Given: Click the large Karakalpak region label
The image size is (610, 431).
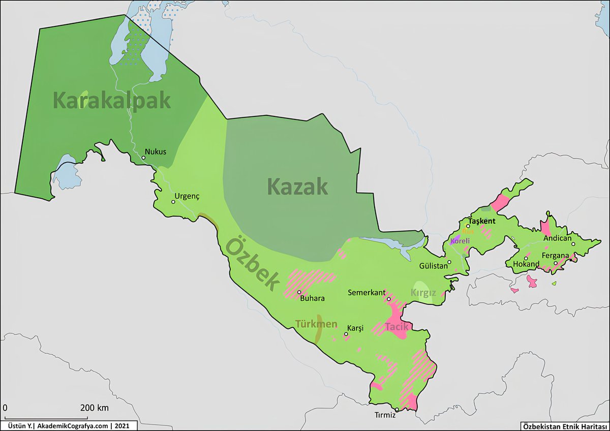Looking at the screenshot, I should click(112, 101).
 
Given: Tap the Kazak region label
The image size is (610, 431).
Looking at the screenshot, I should click(297, 187).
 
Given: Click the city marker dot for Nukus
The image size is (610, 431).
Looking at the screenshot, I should click(144, 158).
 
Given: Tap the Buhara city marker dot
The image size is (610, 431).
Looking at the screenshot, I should click(299, 292).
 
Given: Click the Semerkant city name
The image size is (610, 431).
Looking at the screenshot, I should click(366, 293).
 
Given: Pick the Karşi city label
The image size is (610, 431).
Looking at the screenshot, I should click(355, 328).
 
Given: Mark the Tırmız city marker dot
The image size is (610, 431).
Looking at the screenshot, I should click(396, 410).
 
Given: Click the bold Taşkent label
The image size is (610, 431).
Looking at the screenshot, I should click(481, 222).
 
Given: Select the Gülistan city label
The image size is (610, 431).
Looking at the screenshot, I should click(433, 265).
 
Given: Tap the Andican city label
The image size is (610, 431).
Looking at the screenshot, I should click(557, 238).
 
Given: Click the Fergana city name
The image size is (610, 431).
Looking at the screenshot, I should click(555, 255).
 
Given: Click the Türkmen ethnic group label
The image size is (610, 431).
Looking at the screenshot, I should click(316, 324).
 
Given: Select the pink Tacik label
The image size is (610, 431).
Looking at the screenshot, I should click(396, 326).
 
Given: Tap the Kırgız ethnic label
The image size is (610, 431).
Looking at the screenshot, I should click(423, 293).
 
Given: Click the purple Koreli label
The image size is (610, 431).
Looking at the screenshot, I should click(460, 241).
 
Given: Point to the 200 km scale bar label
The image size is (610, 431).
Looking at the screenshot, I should click(94, 408).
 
